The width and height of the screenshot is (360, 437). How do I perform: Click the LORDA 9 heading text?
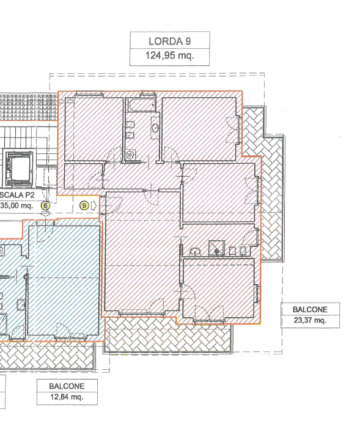169,41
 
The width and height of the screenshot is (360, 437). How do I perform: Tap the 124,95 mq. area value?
169,56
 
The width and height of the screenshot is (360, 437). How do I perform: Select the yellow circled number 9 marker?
84,206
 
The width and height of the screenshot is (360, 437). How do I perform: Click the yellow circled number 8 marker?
45,206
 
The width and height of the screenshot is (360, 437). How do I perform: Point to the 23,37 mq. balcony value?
310,320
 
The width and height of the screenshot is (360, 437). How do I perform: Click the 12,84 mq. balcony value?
67,397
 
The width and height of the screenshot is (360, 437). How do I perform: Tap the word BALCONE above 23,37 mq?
310,309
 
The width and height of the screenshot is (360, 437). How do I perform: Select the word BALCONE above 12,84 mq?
67,386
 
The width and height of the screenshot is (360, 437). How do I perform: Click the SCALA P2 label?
17,195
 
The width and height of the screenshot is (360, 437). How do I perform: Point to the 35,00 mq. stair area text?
17,206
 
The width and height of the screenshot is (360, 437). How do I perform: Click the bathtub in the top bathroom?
141,105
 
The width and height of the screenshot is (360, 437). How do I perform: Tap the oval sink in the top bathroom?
155,128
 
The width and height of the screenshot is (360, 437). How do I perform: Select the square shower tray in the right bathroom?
216,248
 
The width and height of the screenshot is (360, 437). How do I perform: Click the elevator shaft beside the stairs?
19,169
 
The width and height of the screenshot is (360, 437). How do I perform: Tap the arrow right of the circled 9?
94,206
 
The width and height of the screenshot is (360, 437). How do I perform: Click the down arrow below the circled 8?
45,213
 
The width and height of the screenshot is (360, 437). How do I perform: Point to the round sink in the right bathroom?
196,251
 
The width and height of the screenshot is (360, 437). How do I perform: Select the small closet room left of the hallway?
83,177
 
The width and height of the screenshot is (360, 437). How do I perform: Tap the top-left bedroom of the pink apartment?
94,129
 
